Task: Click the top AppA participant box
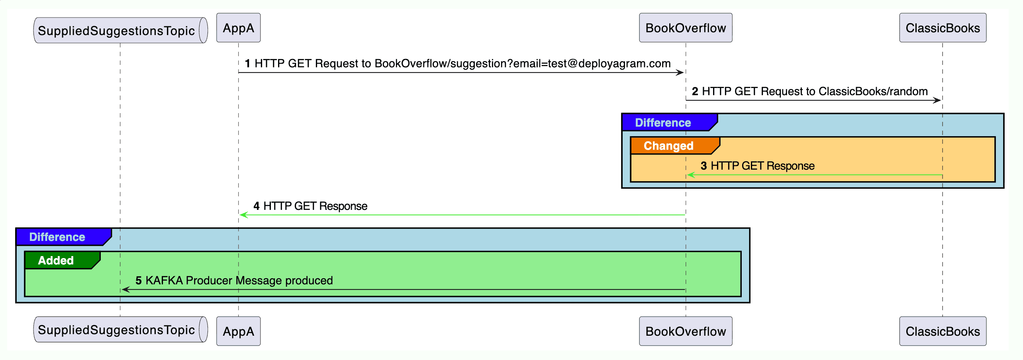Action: point(238,28)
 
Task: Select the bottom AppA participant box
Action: point(238,331)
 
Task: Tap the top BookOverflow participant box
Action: point(685,28)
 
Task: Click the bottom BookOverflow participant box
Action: point(685,331)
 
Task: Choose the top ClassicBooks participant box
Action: point(943,28)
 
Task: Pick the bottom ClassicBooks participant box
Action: point(943,331)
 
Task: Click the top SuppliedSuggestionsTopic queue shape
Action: point(120,30)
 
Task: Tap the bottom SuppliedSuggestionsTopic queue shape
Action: point(120,329)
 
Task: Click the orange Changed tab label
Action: point(668,146)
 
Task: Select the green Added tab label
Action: point(56,260)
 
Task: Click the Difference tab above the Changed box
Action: point(663,123)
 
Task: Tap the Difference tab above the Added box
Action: point(57,237)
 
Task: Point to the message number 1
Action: point(247,63)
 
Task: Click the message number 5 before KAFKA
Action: point(138,280)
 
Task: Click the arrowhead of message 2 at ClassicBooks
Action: point(937,100)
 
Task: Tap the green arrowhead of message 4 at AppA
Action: point(243,215)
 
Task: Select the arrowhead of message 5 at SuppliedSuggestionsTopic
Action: point(125,290)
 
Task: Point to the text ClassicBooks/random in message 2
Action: point(873,91)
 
